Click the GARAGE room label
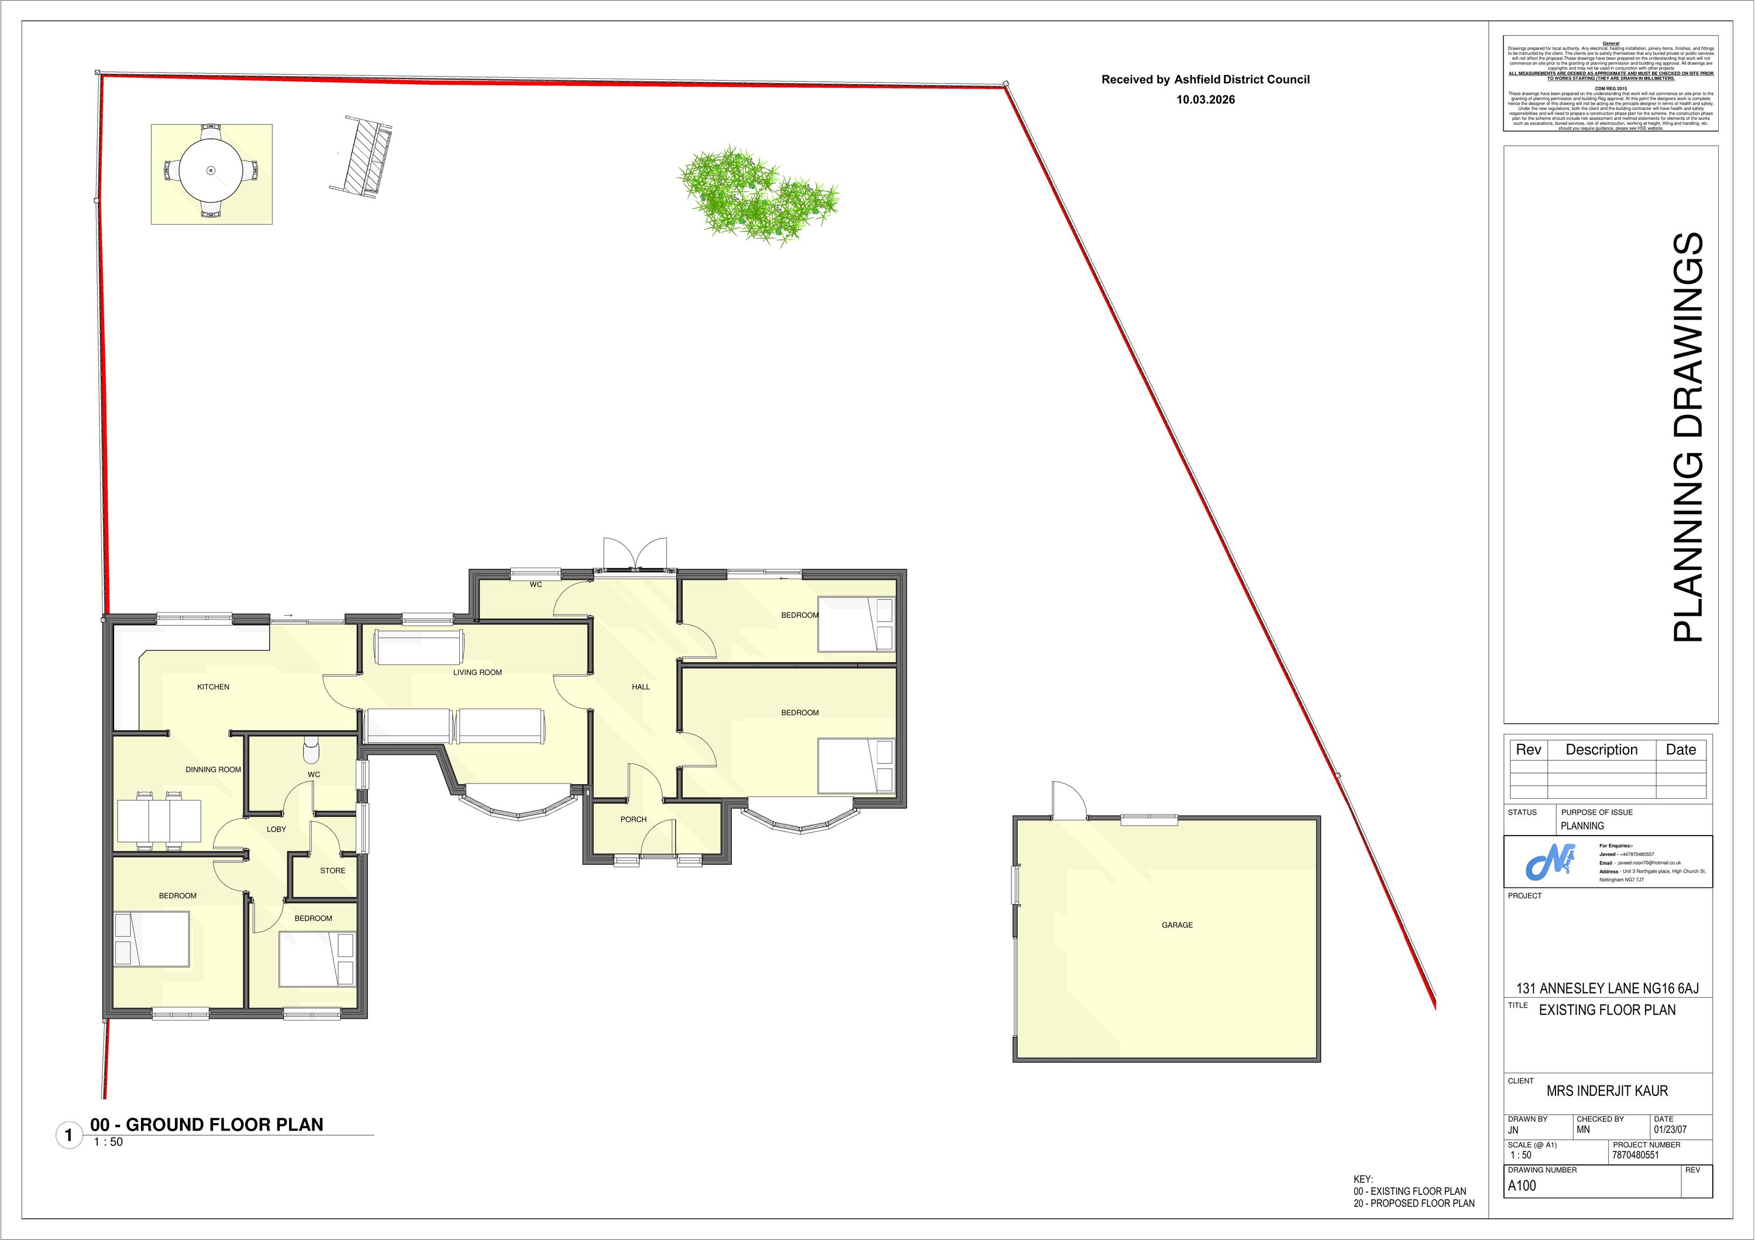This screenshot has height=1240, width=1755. pos(1176,925)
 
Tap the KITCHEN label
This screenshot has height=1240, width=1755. pos(214,686)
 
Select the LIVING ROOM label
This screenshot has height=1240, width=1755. pos(477,673)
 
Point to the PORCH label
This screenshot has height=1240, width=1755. pos(633,819)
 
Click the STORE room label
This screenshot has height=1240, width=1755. pos(332,871)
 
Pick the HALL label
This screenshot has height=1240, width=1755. pos(641,686)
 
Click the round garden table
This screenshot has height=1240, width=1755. pos(211,170)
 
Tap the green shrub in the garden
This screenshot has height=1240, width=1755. pos(757,195)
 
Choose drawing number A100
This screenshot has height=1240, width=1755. pos(1522,1186)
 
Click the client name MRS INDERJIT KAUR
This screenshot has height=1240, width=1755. pos(1607,1091)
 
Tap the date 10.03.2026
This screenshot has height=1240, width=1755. pos(1206,99)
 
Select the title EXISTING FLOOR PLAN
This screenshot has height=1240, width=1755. pos(1607,1010)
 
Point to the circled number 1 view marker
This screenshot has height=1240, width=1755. pos(69,1135)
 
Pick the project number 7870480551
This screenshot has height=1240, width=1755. pos(1636,1155)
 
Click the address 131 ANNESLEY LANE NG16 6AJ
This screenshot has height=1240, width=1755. pos(1608,988)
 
